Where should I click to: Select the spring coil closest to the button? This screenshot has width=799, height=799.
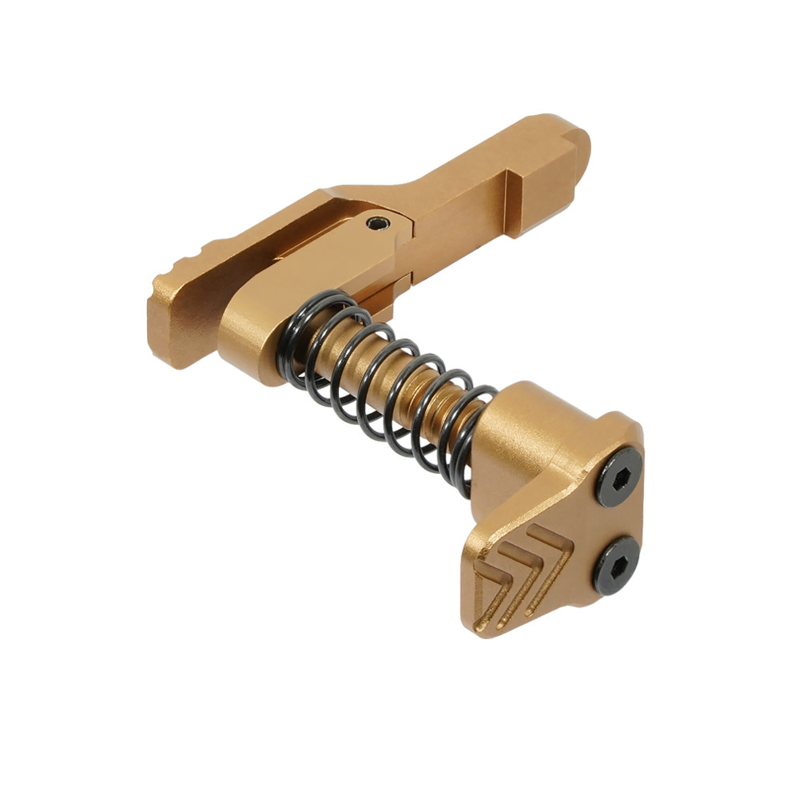coord(471,435)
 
